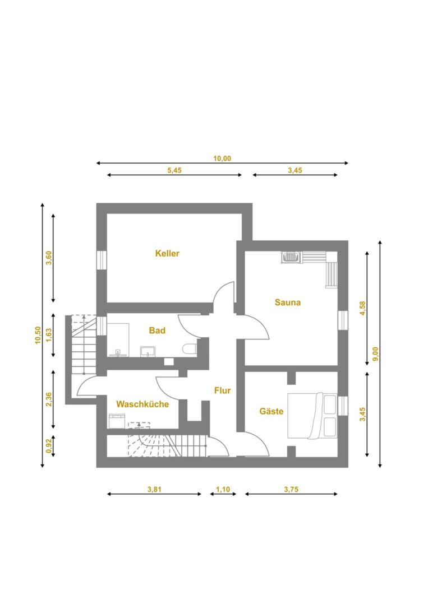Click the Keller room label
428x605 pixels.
[x=167, y=254]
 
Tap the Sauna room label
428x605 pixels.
[x=287, y=302]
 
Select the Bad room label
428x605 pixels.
[x=157, y=331]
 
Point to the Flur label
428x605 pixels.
[x=223, y=390]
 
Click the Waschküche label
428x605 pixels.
[x=142, y=404]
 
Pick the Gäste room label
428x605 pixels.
[x=271, y=411]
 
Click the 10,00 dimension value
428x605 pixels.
[x=222, y=158]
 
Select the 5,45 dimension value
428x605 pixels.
[x=174, y=170]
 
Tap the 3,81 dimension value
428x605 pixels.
[x=154, y=489]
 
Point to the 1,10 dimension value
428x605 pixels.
[x=223, y=489]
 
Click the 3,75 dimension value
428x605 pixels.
[x=291, y=489]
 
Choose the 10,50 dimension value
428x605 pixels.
[x=38, y=335]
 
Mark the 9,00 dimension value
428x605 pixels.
[x=375, y=354]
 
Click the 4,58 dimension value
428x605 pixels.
[x=362, y=308]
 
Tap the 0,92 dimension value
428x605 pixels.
[x=49, y=446]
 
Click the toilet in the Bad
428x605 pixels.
[x=190, y=349]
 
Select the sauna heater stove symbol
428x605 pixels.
[x=291, y=257]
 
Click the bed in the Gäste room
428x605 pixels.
[x=312, y=416]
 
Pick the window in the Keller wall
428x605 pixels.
[x=101, y=260]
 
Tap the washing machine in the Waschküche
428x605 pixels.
[x=117, y=421]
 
